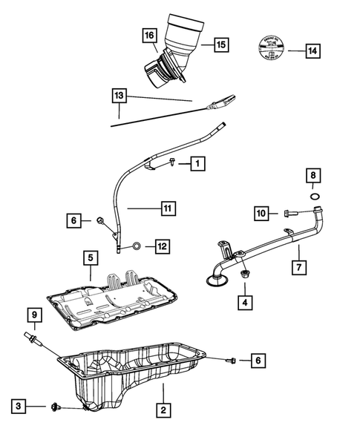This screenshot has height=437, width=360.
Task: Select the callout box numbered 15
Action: [x=220, y=45]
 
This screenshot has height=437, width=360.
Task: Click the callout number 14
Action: [x=312, y=51]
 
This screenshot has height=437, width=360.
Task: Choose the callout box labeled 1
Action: [x=197, y=162]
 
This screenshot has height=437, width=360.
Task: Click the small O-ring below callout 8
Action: [x=315, y=197]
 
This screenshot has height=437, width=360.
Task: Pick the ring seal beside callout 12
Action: [x=137, y=246]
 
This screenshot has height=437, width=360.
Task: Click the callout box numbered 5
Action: [x=90, y=258]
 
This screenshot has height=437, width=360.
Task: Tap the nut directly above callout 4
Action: [x=243, y=276]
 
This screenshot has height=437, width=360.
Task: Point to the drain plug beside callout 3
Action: [x=56, y=406]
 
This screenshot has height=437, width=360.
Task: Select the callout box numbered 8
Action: [x=315, y=176]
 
